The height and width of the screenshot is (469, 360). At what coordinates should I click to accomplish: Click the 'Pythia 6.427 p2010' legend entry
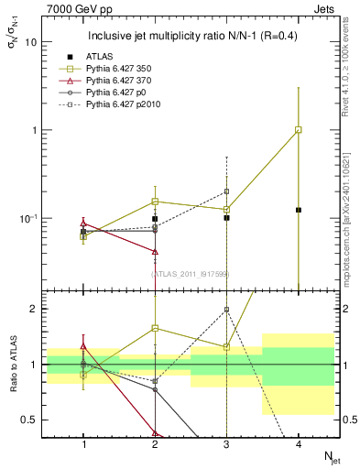coord(120,105)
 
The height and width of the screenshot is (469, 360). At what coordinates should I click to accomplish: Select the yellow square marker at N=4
coord(299,130)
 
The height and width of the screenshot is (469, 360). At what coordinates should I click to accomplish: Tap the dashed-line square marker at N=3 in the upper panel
coord(226,191)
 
